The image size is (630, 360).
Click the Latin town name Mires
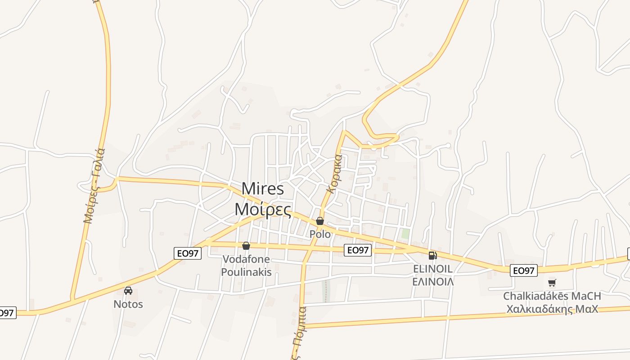263,189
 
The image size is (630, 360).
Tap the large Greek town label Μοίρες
263,209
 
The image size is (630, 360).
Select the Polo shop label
320,234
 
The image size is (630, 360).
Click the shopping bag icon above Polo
320,221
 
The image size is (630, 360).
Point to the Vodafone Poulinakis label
246,265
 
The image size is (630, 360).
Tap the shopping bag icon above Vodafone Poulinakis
246,246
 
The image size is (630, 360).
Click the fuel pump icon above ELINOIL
432,256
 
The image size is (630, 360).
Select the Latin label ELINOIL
433,269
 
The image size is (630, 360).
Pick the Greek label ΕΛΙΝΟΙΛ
433,282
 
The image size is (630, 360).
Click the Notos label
128,304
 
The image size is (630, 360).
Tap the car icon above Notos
128,291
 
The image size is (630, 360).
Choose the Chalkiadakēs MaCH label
552,296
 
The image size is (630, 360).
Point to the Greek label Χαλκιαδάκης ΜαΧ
552,309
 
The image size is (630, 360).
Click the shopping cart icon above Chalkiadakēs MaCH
552,283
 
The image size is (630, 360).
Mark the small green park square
405,234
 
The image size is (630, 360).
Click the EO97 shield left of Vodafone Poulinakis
187,253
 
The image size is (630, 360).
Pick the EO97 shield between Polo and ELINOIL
357,250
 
